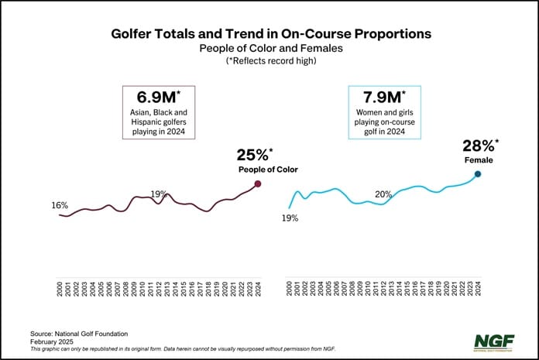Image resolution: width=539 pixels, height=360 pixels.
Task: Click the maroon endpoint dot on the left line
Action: click(x=258, y=183)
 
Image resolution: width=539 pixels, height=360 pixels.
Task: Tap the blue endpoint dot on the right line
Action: click(x=478, y=174)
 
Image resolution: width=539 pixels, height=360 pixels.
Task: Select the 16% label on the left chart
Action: click(x=60, y=206)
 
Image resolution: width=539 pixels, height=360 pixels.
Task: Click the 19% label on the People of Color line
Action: click(x=160, y=194)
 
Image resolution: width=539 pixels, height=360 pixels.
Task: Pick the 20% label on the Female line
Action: click(x=383, y=194)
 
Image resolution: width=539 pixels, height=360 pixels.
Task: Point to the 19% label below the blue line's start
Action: click(x=290, y=218)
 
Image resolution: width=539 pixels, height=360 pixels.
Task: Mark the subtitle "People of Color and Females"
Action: click(x=269, y=50)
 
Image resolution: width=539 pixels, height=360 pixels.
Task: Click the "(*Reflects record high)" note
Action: click(x=269, y=62)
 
